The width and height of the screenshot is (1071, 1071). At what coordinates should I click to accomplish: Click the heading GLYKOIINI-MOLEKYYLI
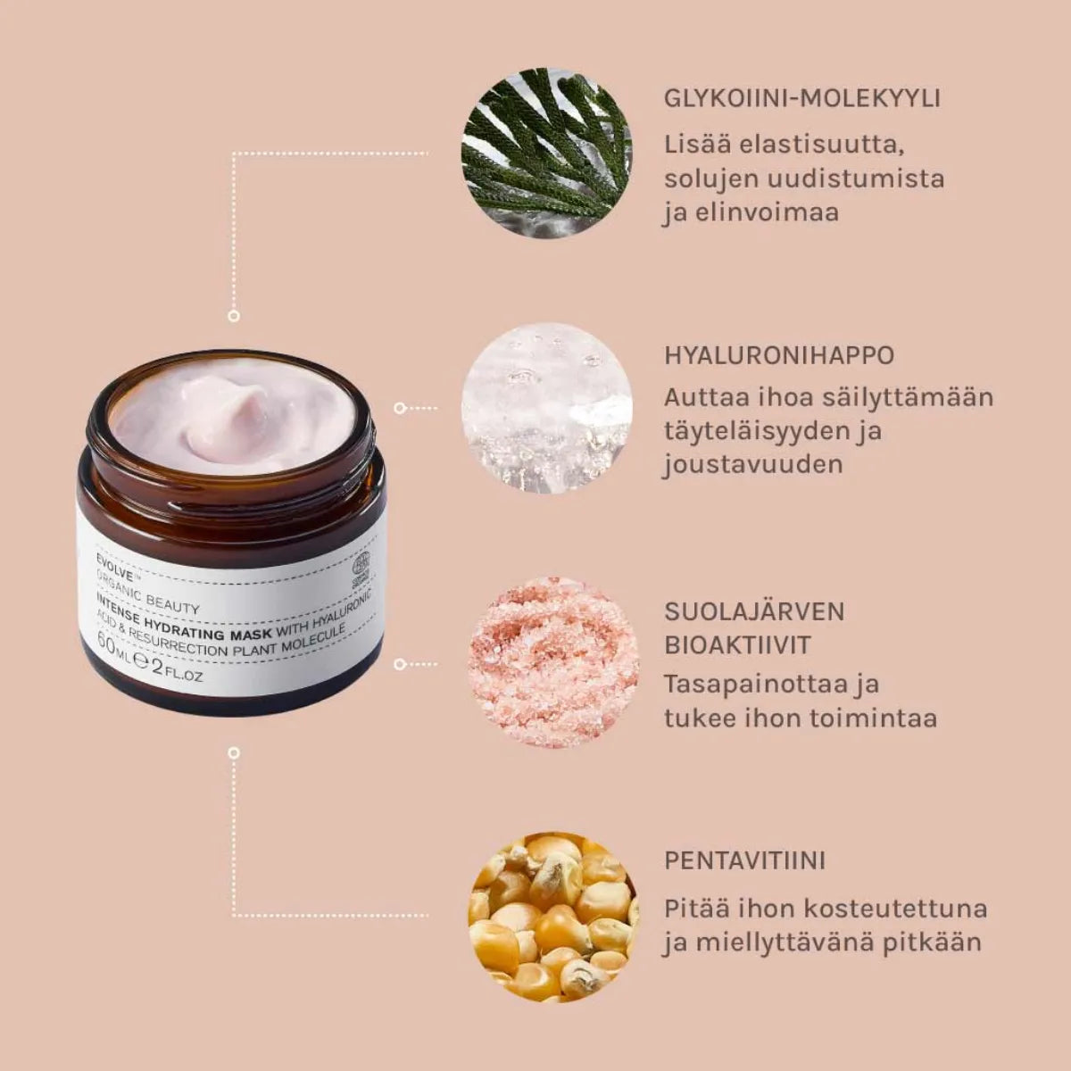coord(801,97)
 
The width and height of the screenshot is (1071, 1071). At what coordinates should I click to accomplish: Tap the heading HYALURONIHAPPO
coord(778,355)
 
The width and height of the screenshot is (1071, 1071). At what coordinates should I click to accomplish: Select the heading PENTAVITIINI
coord(744,861)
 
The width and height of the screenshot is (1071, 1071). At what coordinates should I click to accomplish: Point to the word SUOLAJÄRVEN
coord(754,612)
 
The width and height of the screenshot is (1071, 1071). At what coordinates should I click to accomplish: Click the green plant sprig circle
coord(546,153)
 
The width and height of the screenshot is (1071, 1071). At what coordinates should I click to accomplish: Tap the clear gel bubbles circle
coord(546,409)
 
